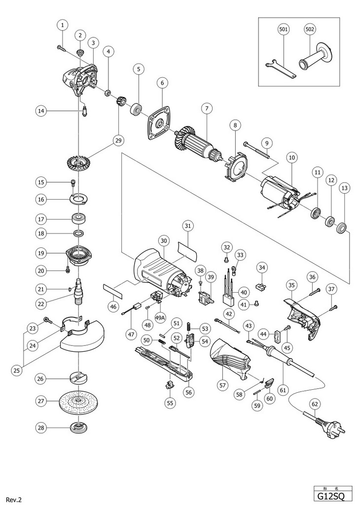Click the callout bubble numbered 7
(x=207, y=108)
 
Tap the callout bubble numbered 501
(x=284, y=30)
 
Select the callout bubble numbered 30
(x=164, y=240)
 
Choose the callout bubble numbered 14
(x=42, y=111)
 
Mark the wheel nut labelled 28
(x=78, y=428)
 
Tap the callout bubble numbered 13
(x=344, y=188)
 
